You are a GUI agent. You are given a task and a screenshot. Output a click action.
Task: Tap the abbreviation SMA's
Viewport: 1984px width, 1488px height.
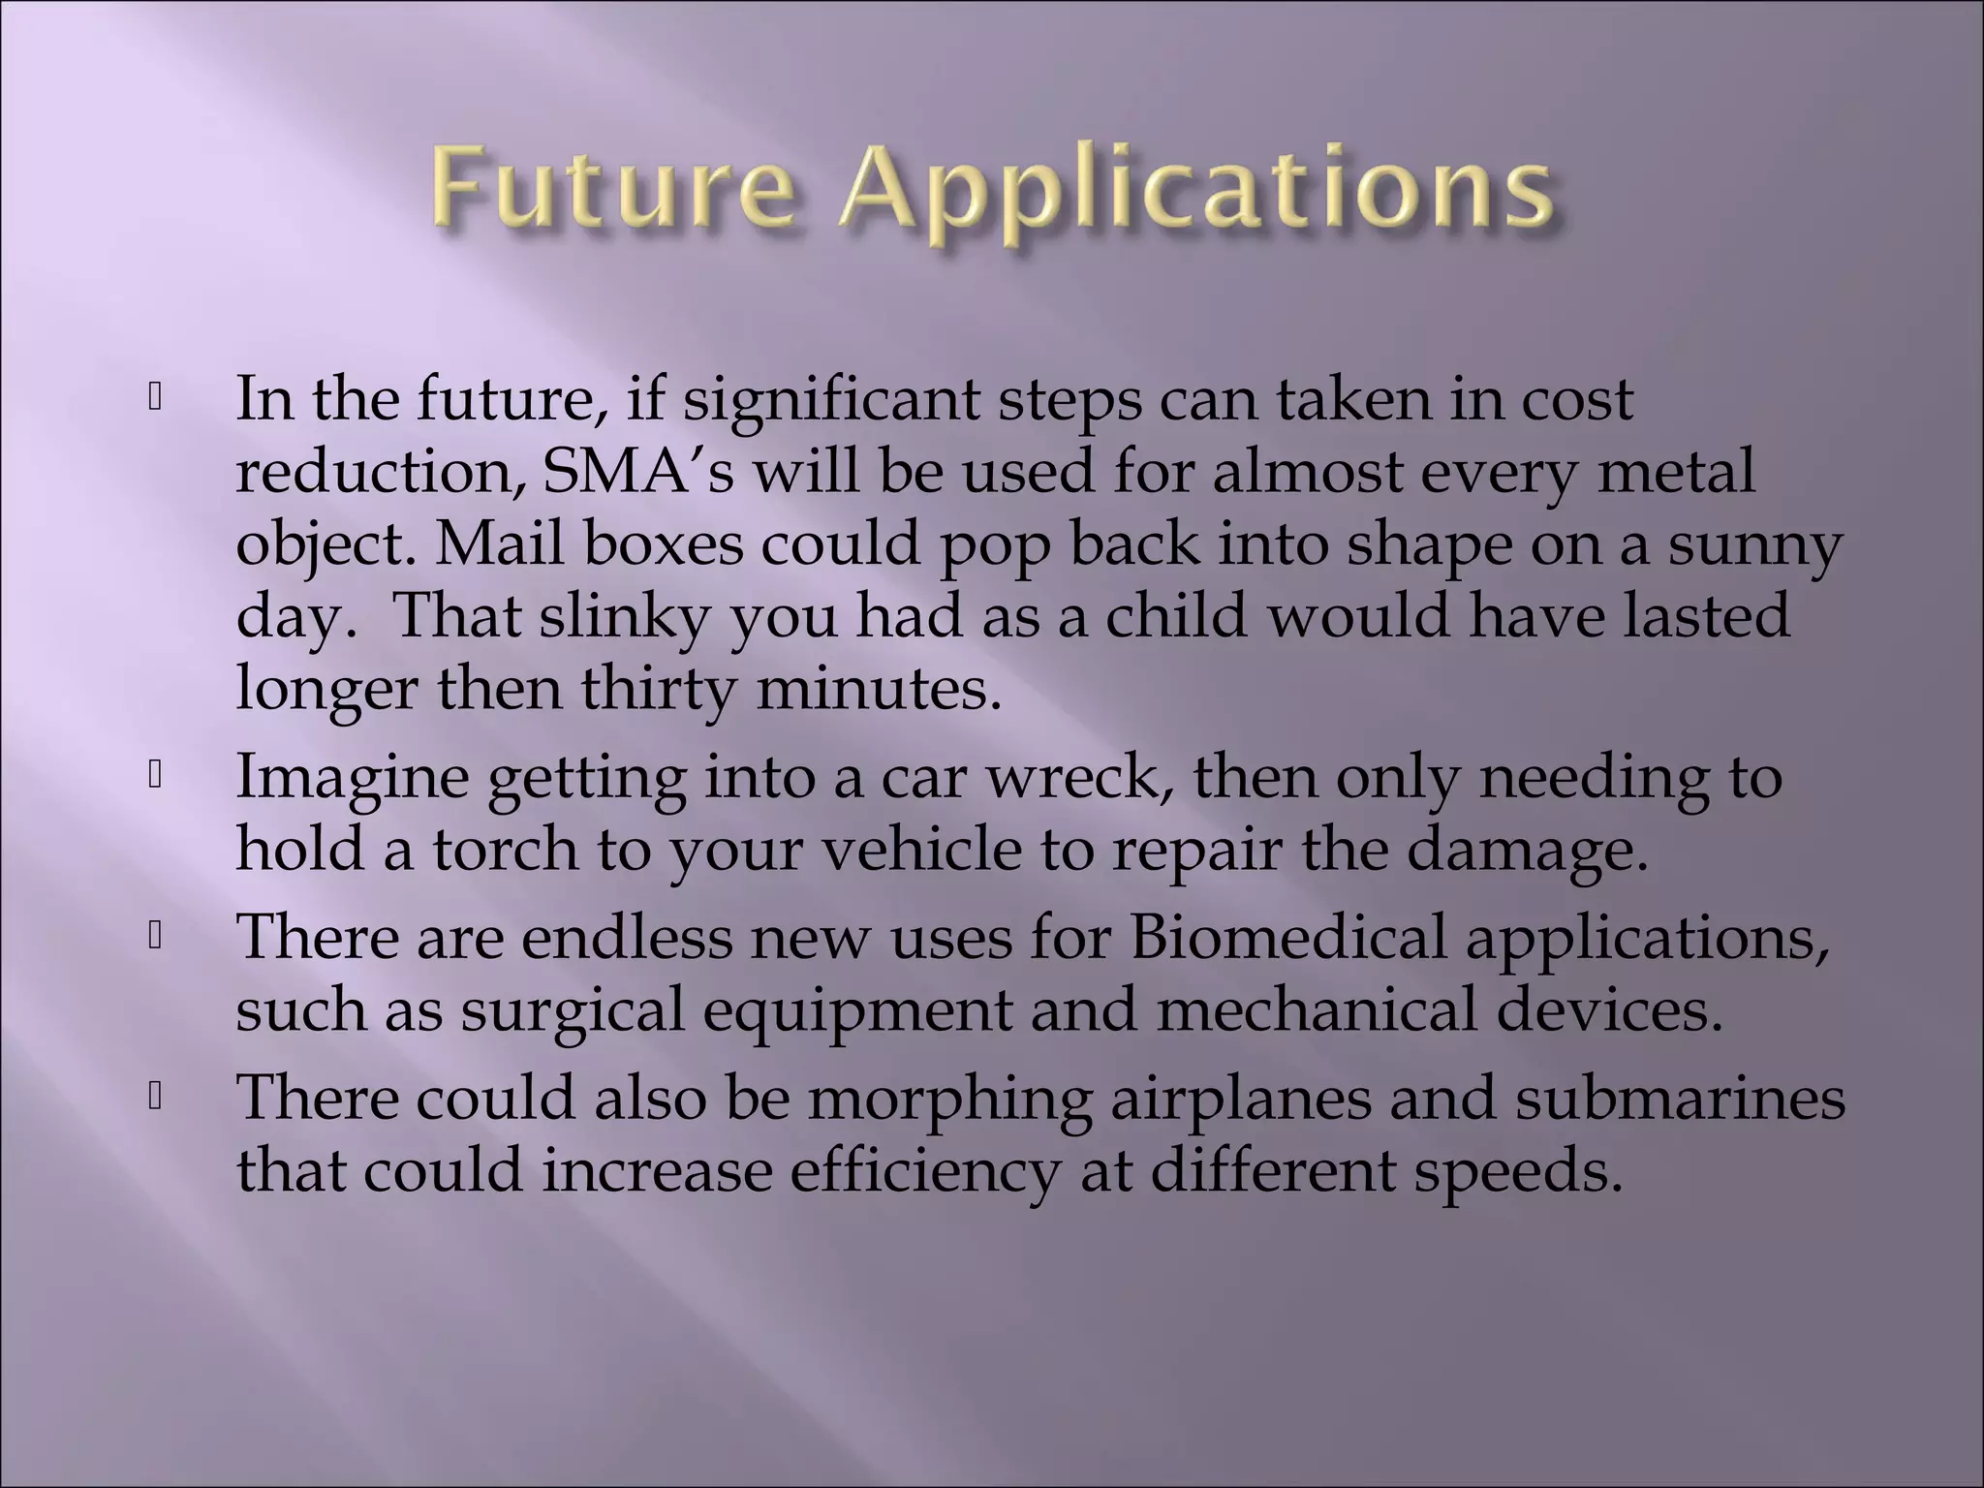[x=638, y=472]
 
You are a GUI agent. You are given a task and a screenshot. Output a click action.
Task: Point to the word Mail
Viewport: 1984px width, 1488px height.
[x=500, y=544]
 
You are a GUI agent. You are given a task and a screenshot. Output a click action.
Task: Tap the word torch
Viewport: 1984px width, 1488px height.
[x=505, y=850]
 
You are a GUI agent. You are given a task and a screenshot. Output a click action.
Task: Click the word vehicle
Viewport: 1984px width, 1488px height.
[x=921, y=850]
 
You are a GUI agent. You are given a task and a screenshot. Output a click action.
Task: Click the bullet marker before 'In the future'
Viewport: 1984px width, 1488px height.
[x=154, y=398]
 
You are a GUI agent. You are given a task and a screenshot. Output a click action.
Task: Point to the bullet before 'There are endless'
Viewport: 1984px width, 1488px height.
[x=154, y=936]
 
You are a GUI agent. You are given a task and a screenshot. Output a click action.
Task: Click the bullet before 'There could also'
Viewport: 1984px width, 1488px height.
[x=154, y=1097]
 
